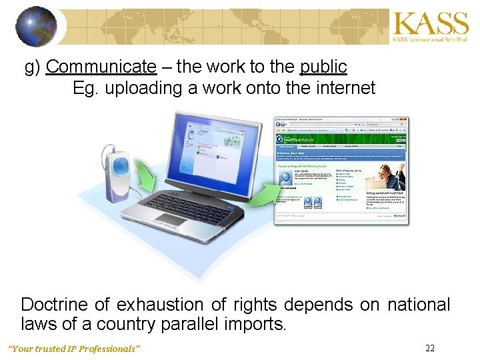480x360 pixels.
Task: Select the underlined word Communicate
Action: pos(101,67)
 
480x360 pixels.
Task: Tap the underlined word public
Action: pos(323,67)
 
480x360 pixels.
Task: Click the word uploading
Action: pos(143,88)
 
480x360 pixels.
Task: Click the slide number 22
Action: pos(430,348)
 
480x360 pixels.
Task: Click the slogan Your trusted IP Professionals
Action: pos(73,349)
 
